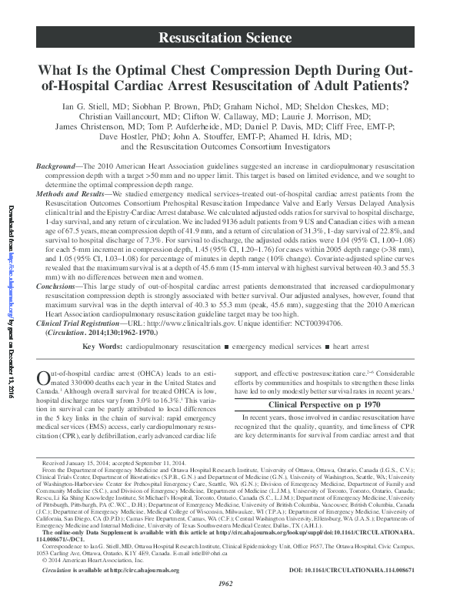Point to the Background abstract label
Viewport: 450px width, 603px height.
point(59,166)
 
